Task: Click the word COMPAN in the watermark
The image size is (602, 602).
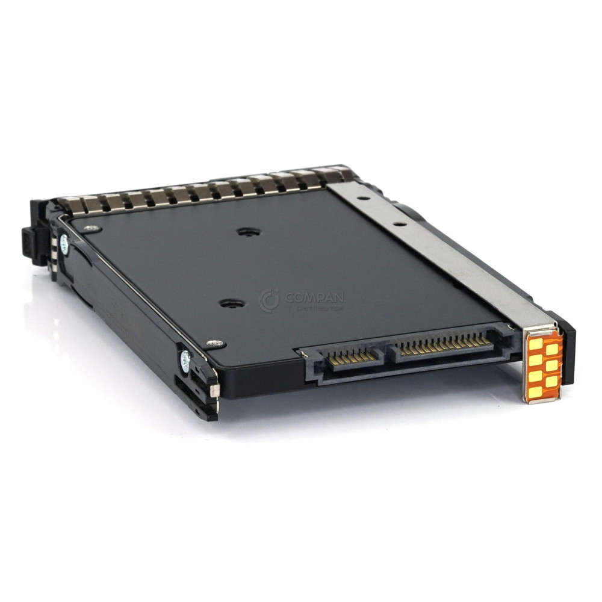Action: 314,297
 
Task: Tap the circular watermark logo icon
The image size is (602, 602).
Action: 270,300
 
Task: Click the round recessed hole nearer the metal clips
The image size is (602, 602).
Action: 245,232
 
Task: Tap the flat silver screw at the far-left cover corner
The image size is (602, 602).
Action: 91,228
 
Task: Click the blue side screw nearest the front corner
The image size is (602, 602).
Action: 185,361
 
